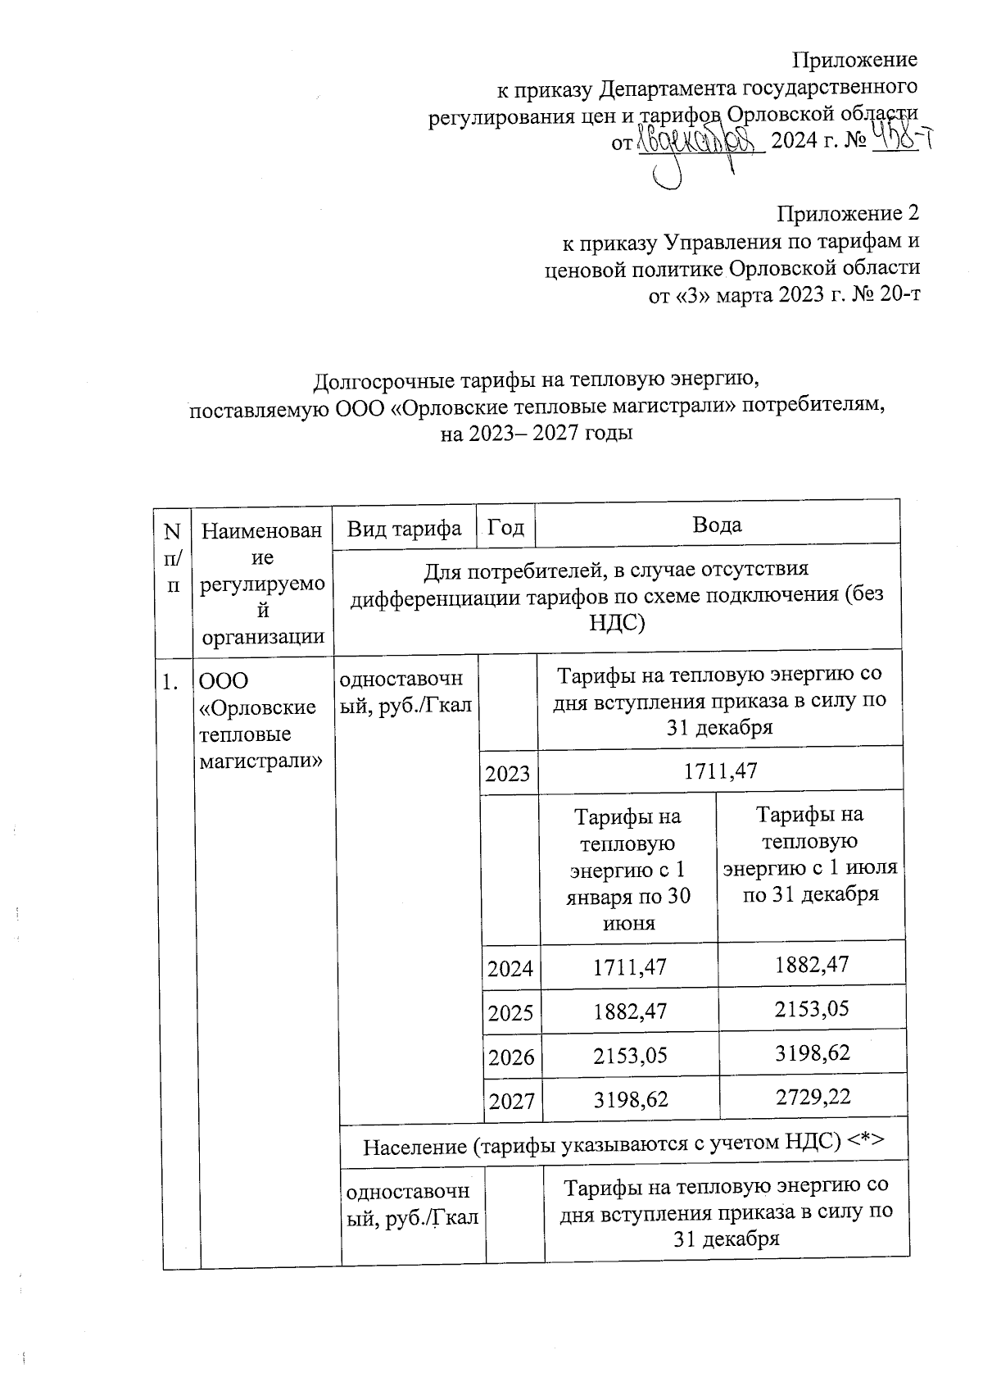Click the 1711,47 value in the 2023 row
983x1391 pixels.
tap(721, 771)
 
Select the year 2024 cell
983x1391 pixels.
tap(510, 969)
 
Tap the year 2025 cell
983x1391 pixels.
tap(510, 1013)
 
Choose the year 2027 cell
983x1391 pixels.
tap(512, 1101)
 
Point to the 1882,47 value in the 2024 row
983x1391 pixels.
tap(811, 964)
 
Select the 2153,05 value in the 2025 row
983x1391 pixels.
tap(812, 1008)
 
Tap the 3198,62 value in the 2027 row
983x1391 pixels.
tap(629, 1101)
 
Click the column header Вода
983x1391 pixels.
tap(717, 525)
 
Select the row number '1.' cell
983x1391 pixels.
tap(170, 682)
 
